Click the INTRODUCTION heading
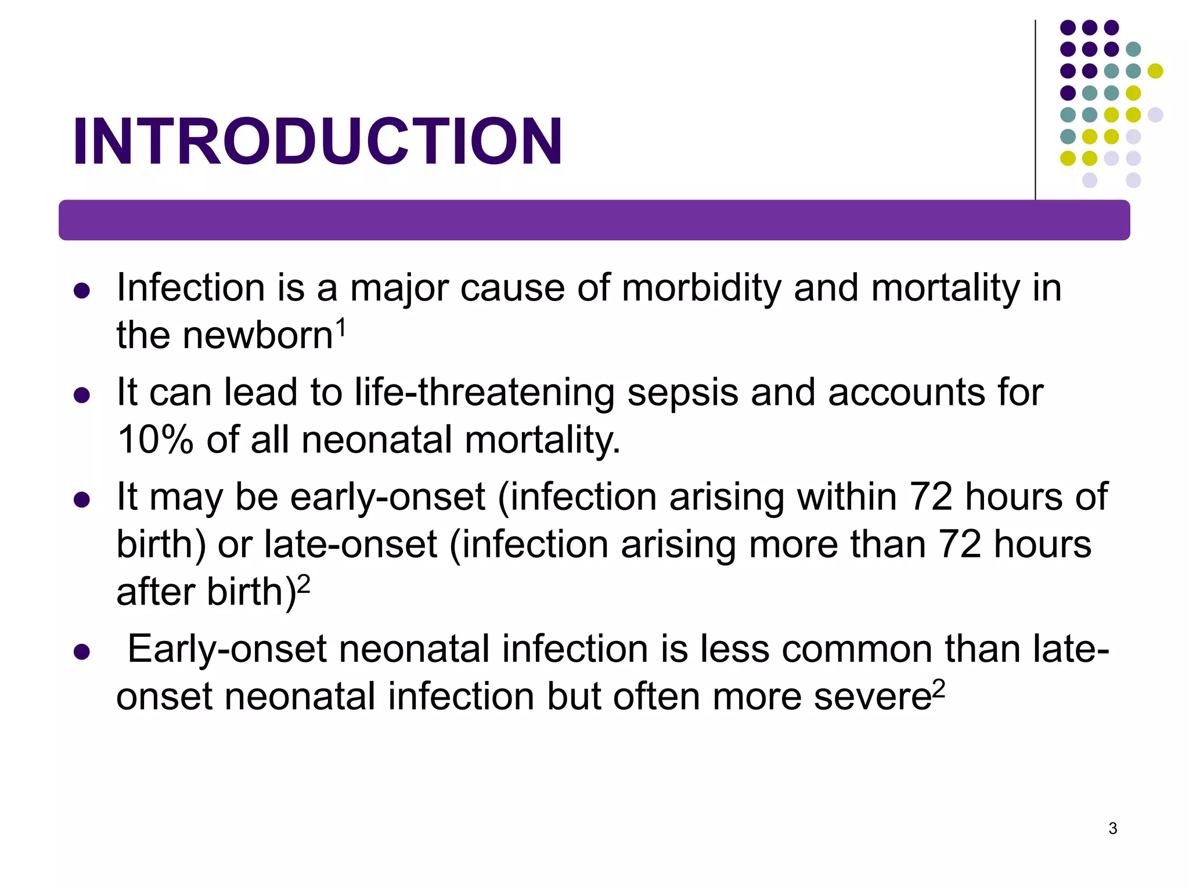pyautogui.click(x=317, y=142)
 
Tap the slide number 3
pyautogui.click(x=1112, y=828)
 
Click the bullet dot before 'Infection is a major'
pyautogui.click(x=82, y=291)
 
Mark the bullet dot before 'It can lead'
pyautogui.click(x=82, y=396)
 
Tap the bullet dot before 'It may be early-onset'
pyautogui.click(x=82, y=500)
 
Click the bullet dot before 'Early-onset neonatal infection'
pyautogui.click(x=82, y=652)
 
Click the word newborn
pyautogui.click(x=258, y=335)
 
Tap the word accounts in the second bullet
pyautogui.click(x=906, y=393)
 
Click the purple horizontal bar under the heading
pyautogui.click(x=594, y=220)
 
